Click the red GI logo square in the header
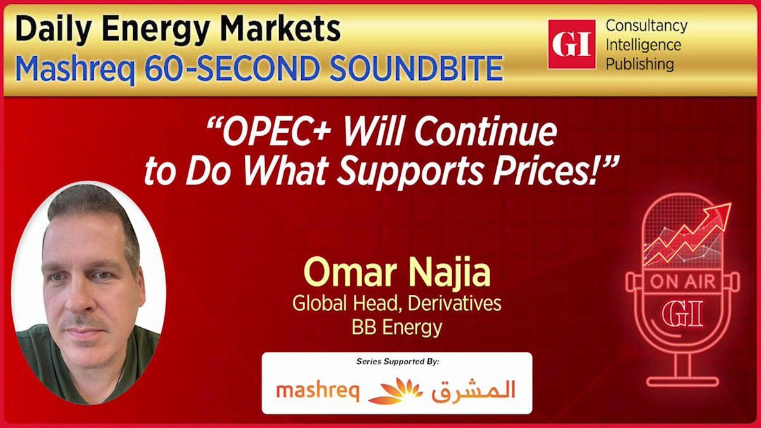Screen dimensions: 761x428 (x=572, y=44)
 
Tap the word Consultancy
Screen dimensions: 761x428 (x=646, y=27)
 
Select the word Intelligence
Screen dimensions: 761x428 (x=644, y=46)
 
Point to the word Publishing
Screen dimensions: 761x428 (x=640, y=65)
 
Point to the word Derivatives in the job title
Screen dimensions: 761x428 (x=455, y=303)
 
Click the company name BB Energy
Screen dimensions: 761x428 (x=397, y=327)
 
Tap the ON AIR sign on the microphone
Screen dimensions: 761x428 (x=682, y=282)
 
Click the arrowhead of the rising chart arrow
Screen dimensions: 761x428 (x=720, y=212)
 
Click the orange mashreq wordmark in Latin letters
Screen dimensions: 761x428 (x=318, y=391)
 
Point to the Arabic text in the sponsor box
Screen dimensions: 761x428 (x=473, y=390)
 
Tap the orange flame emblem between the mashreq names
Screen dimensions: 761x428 (x=395, y=391)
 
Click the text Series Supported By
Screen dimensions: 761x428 (x=398, y=361)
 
